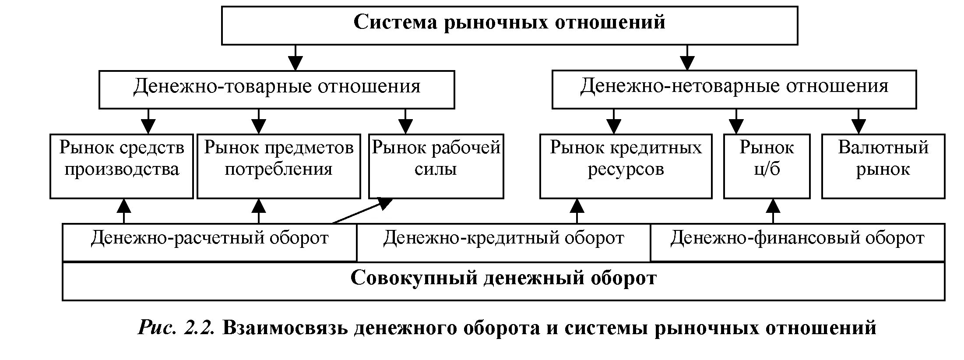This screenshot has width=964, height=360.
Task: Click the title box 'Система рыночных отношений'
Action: tap(509, 25)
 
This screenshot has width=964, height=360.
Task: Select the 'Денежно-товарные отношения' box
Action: tap(277, 89)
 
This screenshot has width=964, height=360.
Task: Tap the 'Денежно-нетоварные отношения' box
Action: tap(734, 89)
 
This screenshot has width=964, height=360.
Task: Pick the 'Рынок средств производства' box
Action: tap(121, 166)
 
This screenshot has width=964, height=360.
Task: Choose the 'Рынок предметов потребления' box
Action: tap(278, 166)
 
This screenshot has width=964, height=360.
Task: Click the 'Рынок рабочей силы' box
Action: tap(436, 166)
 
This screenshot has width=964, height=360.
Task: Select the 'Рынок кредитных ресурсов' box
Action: tap(626, 166)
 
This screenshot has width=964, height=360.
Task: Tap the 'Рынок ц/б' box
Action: tap(767, 166)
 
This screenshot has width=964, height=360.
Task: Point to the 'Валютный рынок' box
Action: tap(883, 166)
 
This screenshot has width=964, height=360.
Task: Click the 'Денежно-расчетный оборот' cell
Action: tap(209, 242)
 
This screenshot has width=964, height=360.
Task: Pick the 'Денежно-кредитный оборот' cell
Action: tap(503, 242)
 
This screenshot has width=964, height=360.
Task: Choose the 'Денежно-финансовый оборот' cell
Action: tap(797, 242)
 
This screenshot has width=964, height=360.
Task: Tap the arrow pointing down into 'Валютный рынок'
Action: tap(858, 121)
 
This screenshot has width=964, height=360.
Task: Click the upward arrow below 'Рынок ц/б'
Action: tap(774, 211)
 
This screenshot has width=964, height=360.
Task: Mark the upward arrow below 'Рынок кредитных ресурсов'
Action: tap(577, 211)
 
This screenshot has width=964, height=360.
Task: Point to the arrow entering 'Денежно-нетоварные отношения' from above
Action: tap(688, 57)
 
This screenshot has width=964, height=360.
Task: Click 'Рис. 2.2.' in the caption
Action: tap(176, 328)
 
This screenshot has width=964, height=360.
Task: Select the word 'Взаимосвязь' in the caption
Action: tap(285, 328)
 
